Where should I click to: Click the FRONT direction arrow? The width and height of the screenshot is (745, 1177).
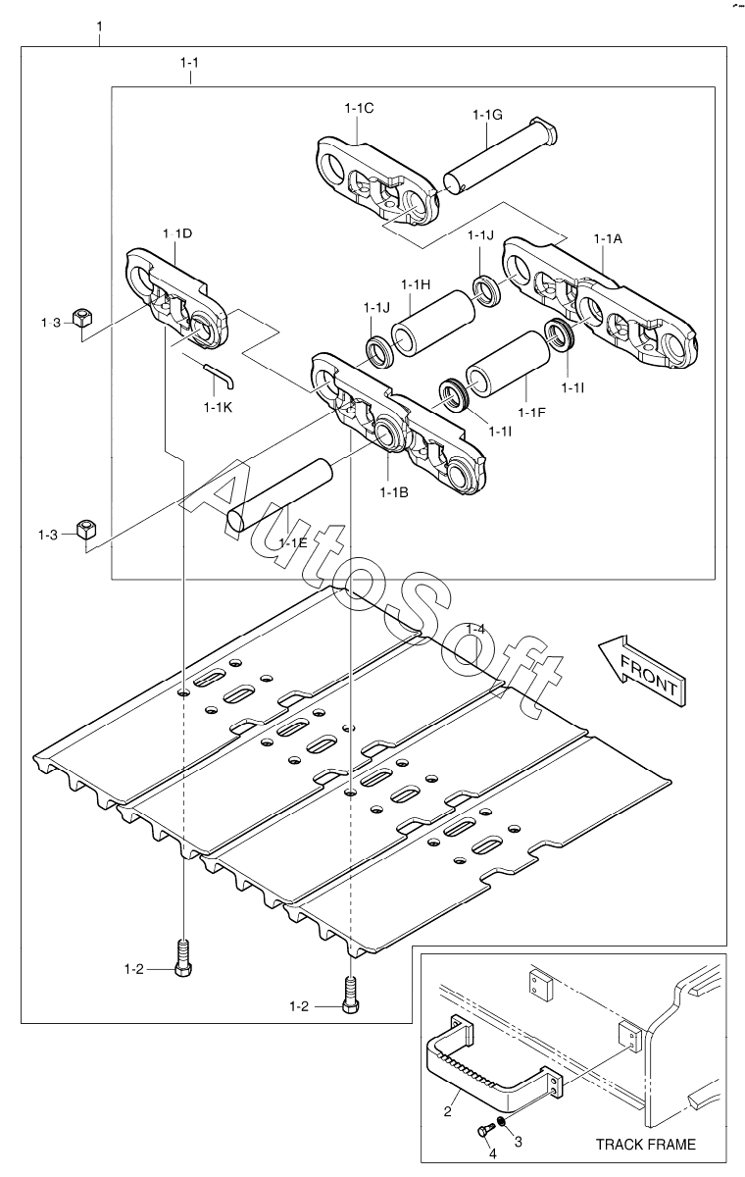pyautogui.click(x=641, y=671)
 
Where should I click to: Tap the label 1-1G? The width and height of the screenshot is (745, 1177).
pyautogui.click(x=487, y=115)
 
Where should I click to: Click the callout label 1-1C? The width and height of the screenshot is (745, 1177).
pyautogui.click(x=359, y=108)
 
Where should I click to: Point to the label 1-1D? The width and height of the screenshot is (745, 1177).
pyautogui.click(x=177, y=233)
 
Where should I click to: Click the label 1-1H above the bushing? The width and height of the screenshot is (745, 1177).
pyautogui.click(x=416, y=284)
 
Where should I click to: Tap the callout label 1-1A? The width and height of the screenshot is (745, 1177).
pyautogui.click(x=608, y=238)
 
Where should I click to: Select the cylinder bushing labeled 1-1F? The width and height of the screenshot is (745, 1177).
pyautogui.click(x=508, y=363)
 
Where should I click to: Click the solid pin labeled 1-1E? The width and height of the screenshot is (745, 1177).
pyautogui.click(x=280, y=494)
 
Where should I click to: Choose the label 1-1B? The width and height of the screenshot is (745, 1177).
pyautogui.click(x=394, y=492)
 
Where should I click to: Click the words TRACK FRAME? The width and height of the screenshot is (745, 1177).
pyautogui.click(x=646, y=1144)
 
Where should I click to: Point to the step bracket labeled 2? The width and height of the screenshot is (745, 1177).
pyautogui.click(x=493, y=1060)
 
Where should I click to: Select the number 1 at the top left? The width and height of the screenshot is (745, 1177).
pyautogui.click(x=100, y=26)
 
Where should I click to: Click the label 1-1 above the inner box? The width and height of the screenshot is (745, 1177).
pyautogui.click(x=189, y=63)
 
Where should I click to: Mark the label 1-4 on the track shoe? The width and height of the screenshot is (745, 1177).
pyautogui.click(x=475, y=629)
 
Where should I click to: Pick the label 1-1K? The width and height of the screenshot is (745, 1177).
pyautogui.click(x=218, y=407)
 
